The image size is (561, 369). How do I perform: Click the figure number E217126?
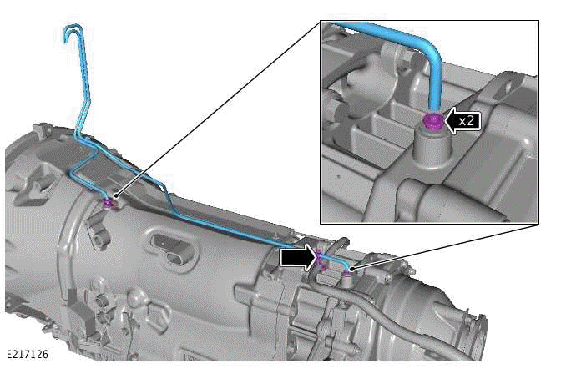pyautogui.click(x=28, y=354)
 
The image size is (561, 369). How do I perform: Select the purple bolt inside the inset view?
pyautogui.click(x=432, y=122)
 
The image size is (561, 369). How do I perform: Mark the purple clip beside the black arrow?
pyautogui.click(x=318, y=261)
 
